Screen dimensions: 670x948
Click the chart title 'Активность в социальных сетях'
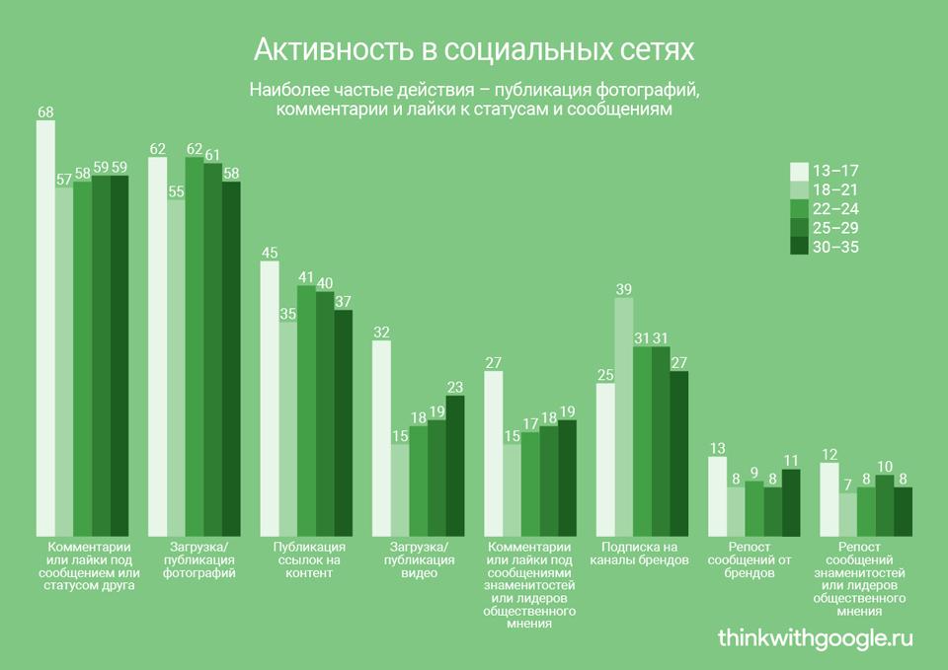pyautogui.click(x=474, y=49)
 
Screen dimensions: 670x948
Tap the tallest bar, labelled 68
pyautogui.click(x=45, y=326)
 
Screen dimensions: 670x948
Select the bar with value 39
pyautogui.click(x=623, y=414)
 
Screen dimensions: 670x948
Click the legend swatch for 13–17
pyautogui.click(x=800, y=171)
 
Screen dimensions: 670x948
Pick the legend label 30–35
pyautogui.click(x=835, y=247)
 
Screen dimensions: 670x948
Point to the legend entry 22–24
pyautogui.click(x=835, y=208)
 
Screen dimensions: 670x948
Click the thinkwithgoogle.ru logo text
pyautogui.click(x=816, y=637)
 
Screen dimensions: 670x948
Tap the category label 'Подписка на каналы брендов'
pyautogui.click(x=639, y=554)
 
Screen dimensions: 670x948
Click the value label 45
pyautogui.click(x=270, y=253)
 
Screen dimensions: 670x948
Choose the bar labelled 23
pyautogui.click(x=455, y=464)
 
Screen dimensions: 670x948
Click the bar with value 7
pyautogui.click(x=846, y=513)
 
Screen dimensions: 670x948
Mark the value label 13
pyautogui.click(x=718, y=449)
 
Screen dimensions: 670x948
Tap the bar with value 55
pyautogui.click(x=176, y=365)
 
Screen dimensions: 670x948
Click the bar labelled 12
pyautogui.click(x=829, y=497)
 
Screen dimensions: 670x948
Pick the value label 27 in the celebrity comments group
pyautogui.click(x=494, y=362)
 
